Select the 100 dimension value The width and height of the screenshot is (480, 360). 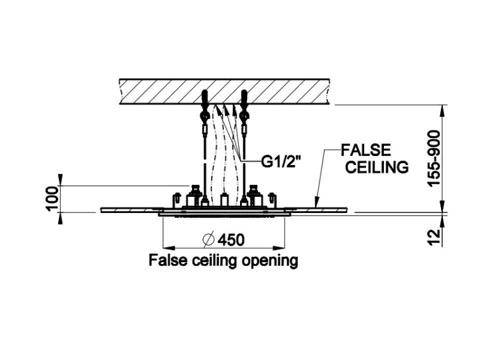(52, 198)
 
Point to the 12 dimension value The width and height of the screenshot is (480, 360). (434, 237)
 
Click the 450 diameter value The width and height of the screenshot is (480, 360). (231, 240)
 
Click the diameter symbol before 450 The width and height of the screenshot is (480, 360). (208, 240)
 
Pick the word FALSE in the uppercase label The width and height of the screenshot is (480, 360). (365, 151)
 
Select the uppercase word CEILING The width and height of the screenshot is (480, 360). (376, 168)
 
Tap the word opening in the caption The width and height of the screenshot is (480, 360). (271, 261)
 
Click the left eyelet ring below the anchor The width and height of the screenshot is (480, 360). (204, 116)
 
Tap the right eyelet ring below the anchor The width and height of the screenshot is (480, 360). (244, 116)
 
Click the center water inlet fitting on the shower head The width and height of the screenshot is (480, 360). (224, 200)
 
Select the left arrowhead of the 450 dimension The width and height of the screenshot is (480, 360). (165, 247)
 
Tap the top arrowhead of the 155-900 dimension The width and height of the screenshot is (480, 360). (443, 109)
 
